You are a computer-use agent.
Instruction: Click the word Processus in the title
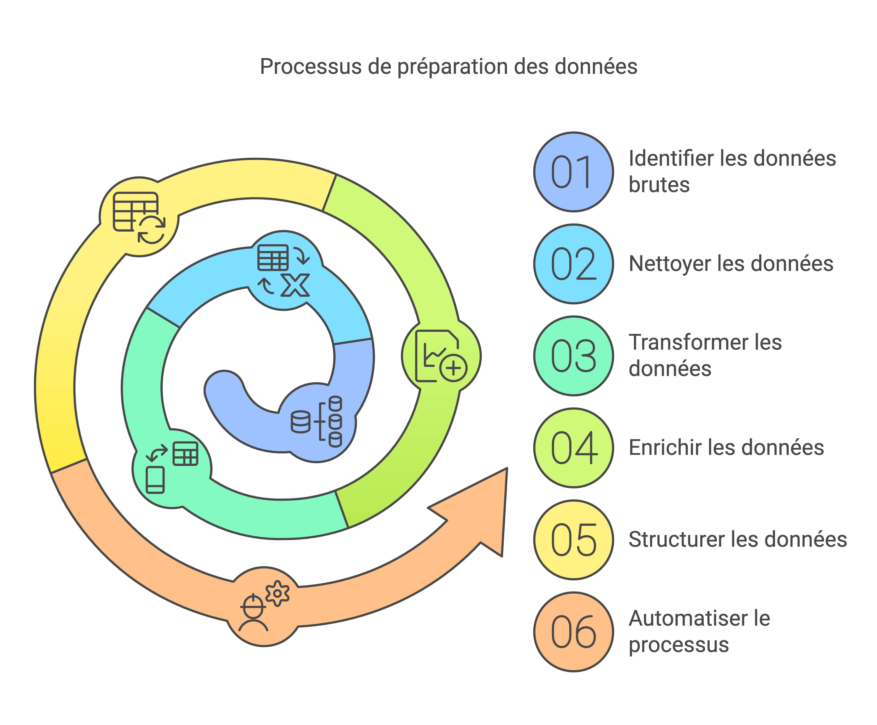(310, 67)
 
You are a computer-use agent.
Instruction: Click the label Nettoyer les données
(731, 264)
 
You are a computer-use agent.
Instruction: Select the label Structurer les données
(737, 540)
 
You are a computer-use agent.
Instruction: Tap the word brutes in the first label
(659, 185)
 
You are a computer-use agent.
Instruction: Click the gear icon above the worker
(277, 593)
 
